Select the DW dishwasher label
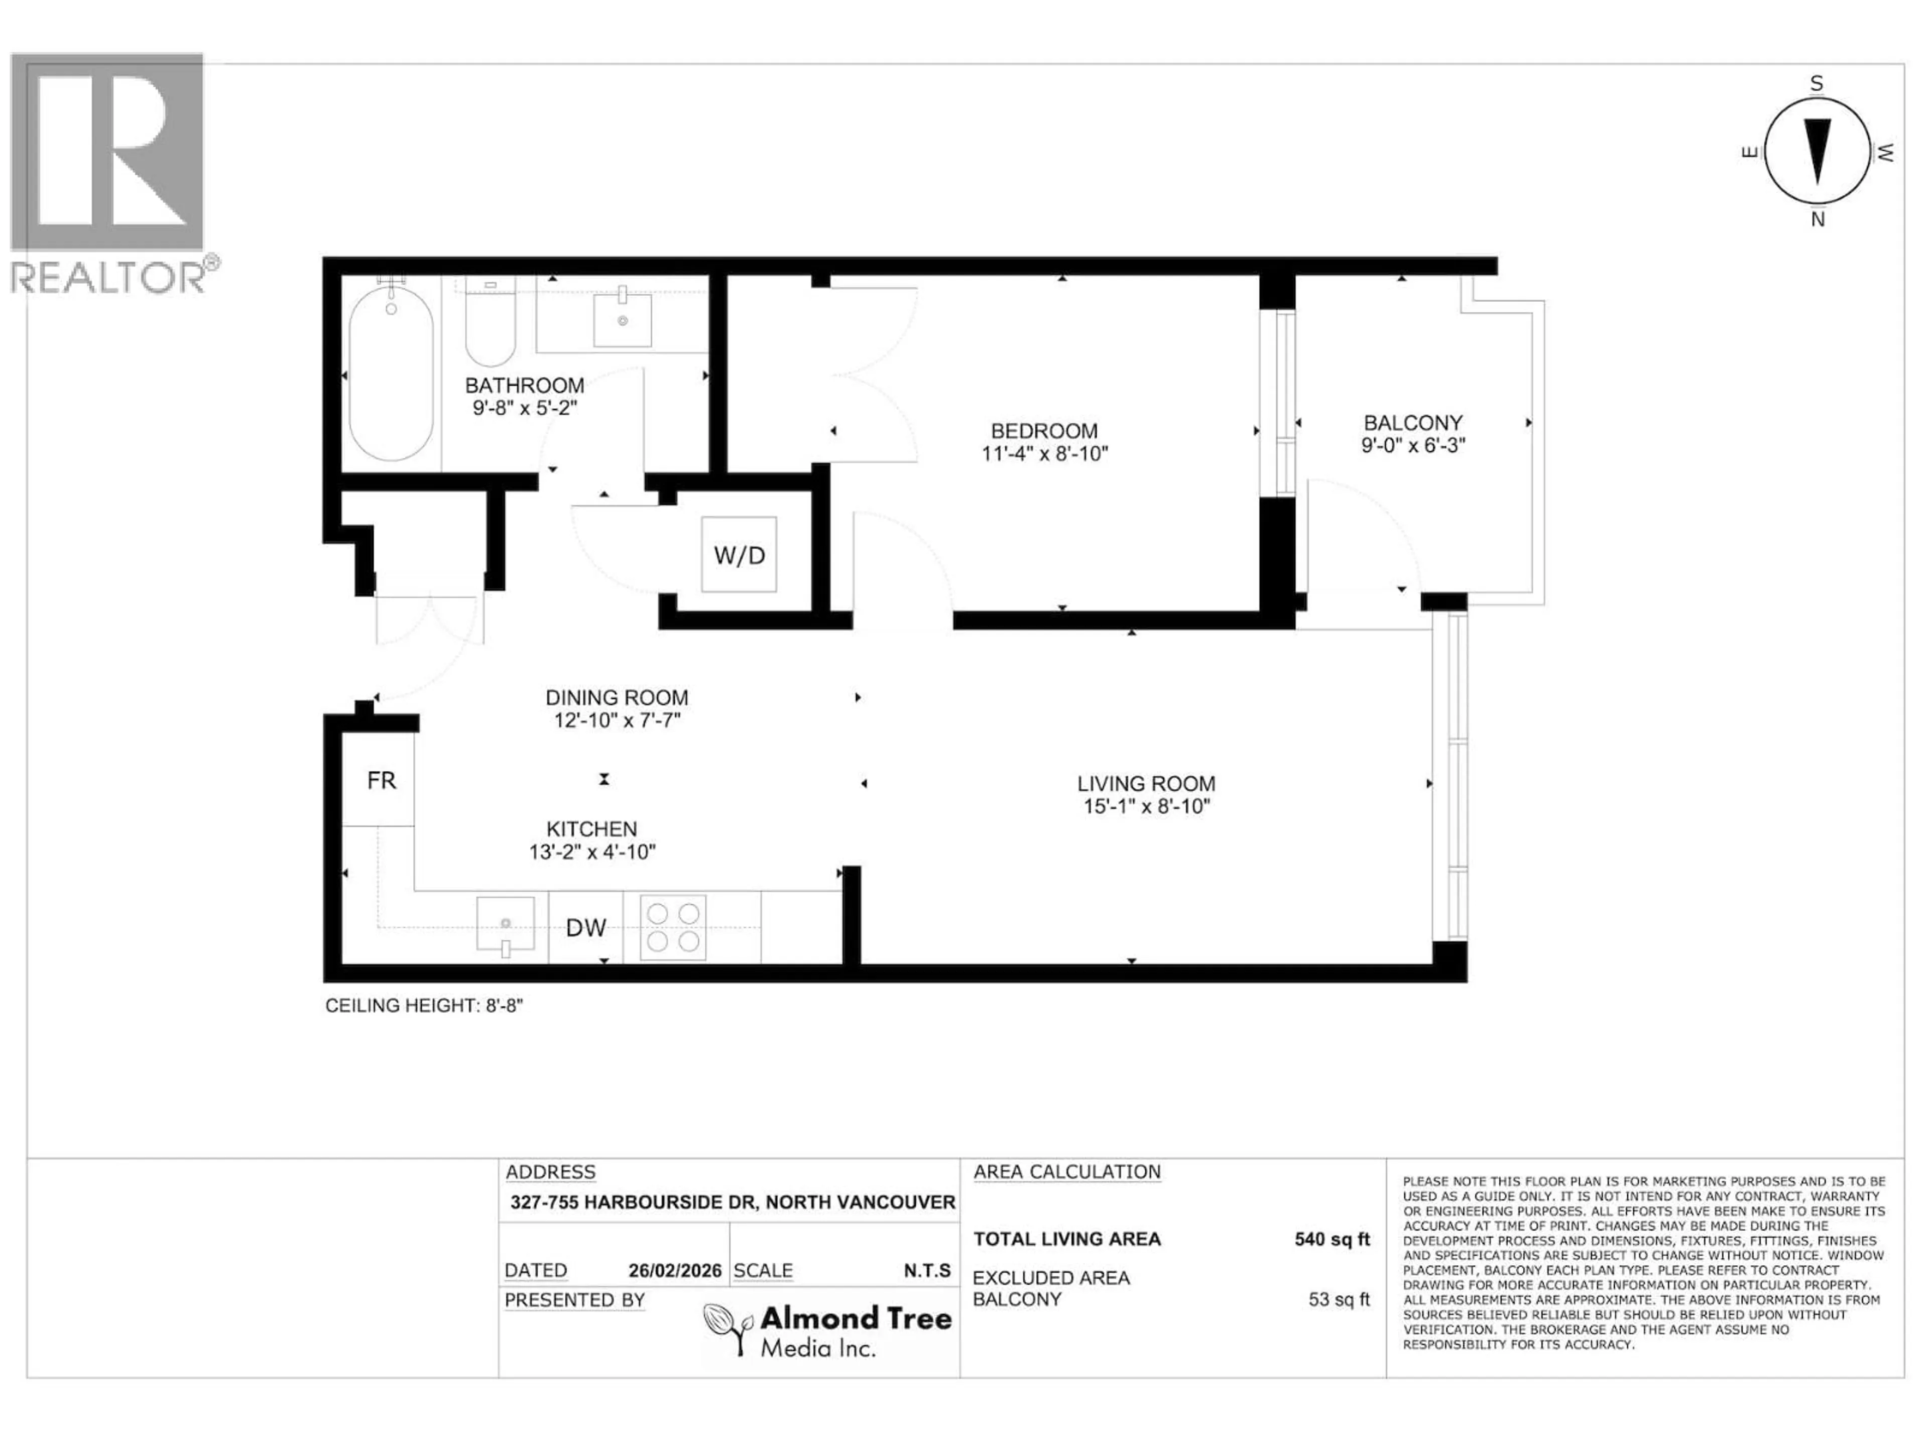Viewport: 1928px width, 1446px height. [x=586, y=927]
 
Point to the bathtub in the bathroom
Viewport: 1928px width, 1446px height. [x=391, y=375]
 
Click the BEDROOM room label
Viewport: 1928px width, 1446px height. [x=1044, y=431]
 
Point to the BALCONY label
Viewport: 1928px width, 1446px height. [x=1413, y=423]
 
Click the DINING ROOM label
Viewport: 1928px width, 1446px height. [x=616, y=697]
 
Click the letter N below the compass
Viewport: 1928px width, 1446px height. [x=1818, y=219]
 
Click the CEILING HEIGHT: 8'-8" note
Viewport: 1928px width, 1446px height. [x=424, y=1006]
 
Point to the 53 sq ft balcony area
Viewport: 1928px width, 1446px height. [x=1339, y=1299]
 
